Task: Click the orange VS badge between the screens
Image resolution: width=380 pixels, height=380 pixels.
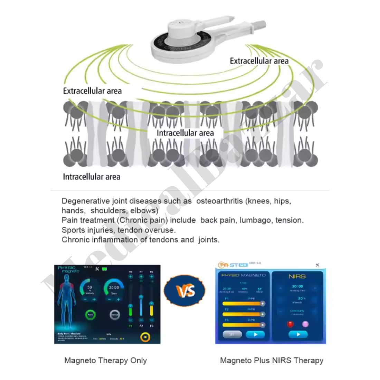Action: pos(184,291)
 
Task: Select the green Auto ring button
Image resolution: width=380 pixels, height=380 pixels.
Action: pos(90,315)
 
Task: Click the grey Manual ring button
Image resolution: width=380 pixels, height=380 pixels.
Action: pos(115,315)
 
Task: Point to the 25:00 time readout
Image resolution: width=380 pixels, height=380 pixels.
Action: pos(114,287)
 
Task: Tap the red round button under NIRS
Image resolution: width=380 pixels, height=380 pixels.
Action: pos(291,324)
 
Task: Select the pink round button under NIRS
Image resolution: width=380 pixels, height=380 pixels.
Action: pos(305,324)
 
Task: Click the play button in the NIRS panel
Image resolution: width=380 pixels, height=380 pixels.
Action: pos(298,334)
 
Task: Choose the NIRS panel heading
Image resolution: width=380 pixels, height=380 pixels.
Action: pos(297,276)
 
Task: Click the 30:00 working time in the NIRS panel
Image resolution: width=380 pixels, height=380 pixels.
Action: pos(297,286)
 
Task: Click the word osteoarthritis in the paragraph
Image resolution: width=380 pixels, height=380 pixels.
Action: pos(219,201)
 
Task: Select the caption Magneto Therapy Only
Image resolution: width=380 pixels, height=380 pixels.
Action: pos(105,361)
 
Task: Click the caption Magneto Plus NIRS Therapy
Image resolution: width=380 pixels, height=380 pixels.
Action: pos(272,361)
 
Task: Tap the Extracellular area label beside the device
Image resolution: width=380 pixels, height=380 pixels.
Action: pos(259,61)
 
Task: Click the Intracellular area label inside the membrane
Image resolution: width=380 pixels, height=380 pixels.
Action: pos(185,133)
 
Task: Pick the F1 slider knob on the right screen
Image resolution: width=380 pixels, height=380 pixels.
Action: pos(263,304)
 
